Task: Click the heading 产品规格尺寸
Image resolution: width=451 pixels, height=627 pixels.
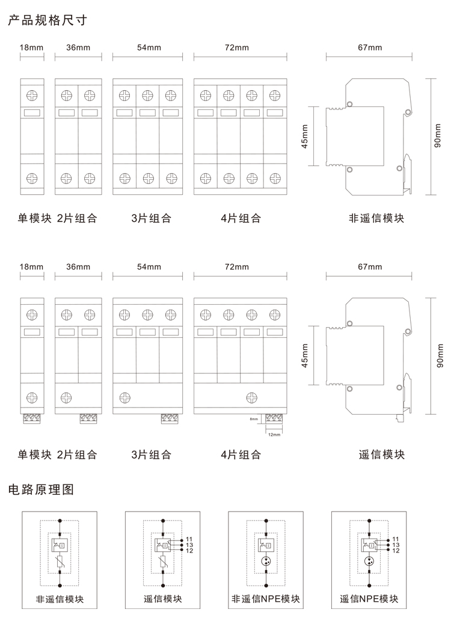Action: pyautogui.click(x=48, y=21)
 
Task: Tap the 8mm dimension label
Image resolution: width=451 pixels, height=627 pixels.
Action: pyautogui.click(x=254, y=418)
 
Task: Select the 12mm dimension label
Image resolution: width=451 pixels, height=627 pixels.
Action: pyautogui.click(x=274, y=433)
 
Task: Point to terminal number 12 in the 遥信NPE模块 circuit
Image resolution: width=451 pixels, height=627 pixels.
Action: pyautogui.click(x=395, y=550)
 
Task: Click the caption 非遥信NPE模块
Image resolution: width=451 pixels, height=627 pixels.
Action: pyautogui.click(x=266, y=599)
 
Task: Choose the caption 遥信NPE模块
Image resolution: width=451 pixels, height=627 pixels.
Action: pyautogui.click(x=369, y=599)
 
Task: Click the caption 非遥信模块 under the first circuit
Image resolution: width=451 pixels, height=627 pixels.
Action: pyautogui.click(x=59, y=599)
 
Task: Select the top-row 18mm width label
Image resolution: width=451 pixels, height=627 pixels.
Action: pyautogui.click(x=31, y=47)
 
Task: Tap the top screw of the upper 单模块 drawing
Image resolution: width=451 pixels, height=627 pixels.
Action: pyautogui.click(x=32, y=95)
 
